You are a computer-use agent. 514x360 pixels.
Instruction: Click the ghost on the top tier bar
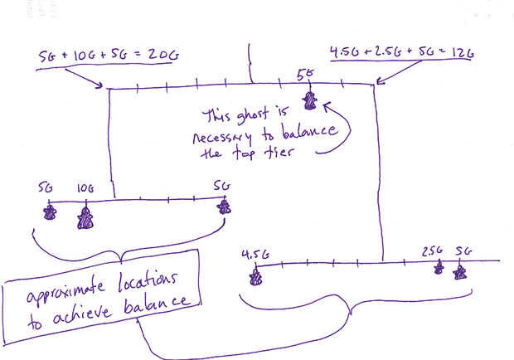point(310,100)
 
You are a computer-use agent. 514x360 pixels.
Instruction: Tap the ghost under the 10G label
point(85,218)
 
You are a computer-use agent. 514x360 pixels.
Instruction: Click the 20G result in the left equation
point(163,56)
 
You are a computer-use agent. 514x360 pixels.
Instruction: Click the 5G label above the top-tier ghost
point(306,75)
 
